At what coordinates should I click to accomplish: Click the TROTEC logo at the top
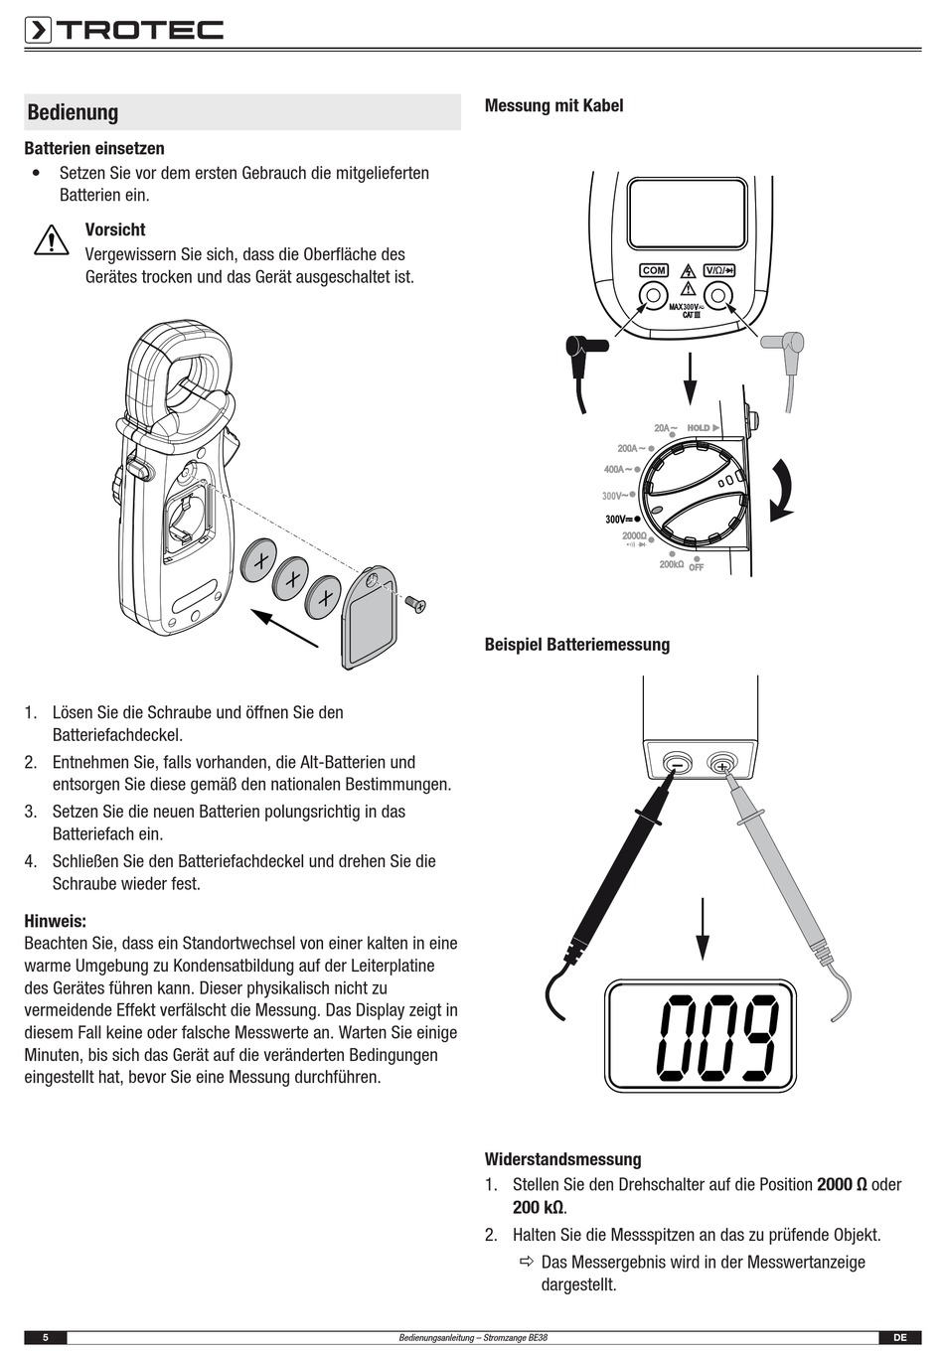point(124,30)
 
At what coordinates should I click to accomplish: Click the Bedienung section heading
point(73,112)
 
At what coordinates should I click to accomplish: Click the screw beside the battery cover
point(414,602)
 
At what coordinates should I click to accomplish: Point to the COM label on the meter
point(654,270)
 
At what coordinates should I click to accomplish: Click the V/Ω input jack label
point(719,270)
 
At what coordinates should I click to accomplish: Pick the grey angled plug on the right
point(785,347)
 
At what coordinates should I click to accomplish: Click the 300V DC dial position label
point(618,520)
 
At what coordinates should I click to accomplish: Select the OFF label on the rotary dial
point(697,567)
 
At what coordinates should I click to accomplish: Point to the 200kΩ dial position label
point(671,564)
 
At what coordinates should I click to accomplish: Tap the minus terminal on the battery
point(676,764)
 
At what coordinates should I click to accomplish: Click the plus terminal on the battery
point(721,764)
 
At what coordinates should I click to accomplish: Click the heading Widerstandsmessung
point(562,1159)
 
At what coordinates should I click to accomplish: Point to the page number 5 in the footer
point(45,1338)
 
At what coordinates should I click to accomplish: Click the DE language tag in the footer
point(900,1338)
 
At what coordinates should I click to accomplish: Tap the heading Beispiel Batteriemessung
point(576,645)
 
